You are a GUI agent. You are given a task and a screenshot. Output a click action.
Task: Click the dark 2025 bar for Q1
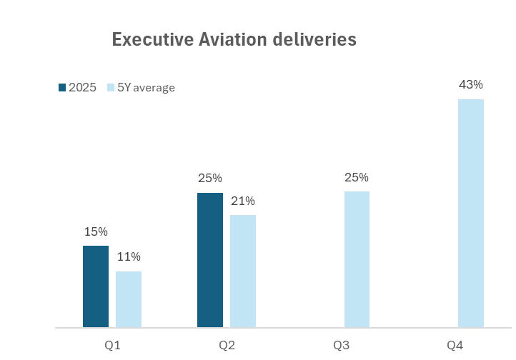(96, 286)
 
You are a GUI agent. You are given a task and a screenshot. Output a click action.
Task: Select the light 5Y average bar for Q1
(129, 299)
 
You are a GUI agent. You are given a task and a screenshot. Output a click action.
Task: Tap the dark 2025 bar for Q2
(210, 260)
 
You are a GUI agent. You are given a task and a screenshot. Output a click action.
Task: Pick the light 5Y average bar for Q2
(243, 271)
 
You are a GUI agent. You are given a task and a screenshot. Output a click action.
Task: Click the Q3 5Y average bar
(357, 259)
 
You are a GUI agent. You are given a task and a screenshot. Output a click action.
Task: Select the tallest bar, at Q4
(471, 214)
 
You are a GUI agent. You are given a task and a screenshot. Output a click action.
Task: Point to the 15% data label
(96, 232)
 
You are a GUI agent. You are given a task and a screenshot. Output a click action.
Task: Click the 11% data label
(129, 257)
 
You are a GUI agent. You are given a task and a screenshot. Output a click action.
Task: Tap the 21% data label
(243, 201)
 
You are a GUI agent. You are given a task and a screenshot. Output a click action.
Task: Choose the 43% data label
(471, 85)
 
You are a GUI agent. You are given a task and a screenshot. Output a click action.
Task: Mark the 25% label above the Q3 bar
(357, 178)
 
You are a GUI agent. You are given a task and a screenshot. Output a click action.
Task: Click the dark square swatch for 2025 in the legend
(62, 88)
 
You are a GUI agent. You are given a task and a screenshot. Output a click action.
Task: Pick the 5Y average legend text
(146, 88)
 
